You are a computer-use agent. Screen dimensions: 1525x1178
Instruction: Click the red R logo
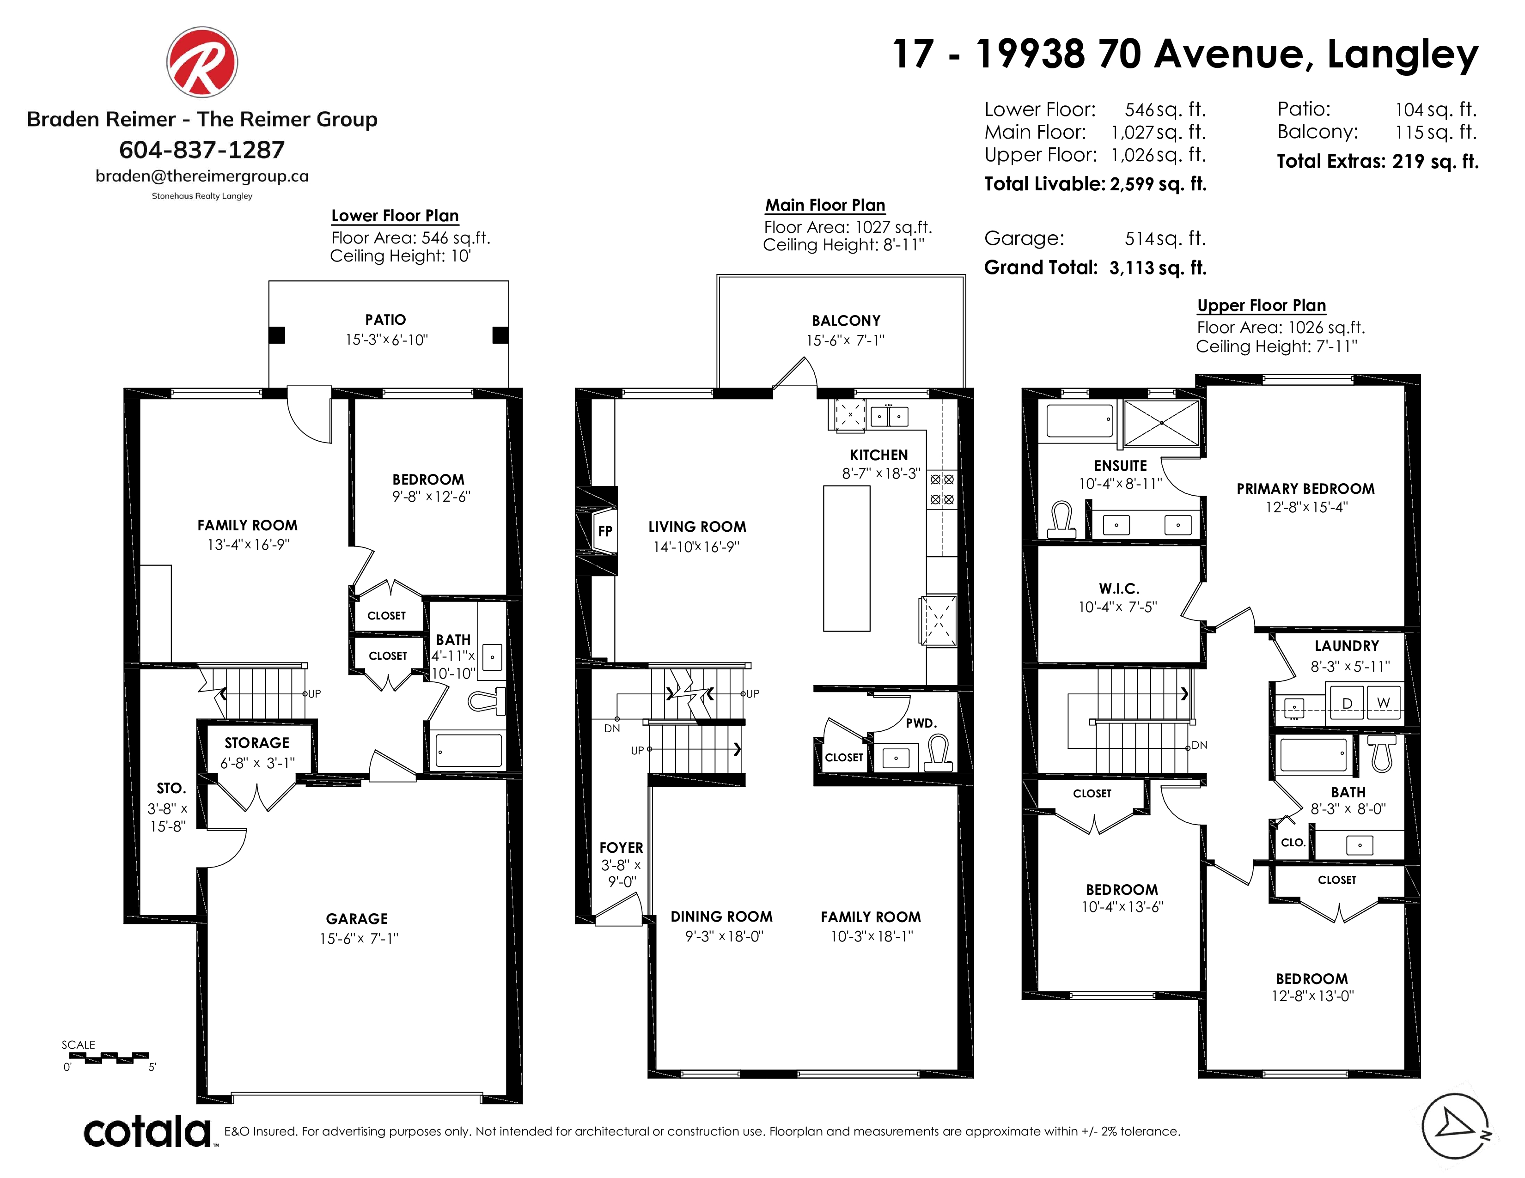coord(202,62)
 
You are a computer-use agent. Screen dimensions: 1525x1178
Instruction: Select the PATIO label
coord(385,320)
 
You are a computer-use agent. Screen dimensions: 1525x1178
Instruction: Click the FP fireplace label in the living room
coord(605,531)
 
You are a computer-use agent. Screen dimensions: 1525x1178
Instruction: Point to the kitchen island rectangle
coord(846,559)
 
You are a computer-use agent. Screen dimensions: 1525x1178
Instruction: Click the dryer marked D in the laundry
coord(1348,703)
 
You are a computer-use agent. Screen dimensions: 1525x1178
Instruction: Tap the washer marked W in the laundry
coord(1383,703)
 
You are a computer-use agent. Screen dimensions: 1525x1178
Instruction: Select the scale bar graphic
coord(109,1057)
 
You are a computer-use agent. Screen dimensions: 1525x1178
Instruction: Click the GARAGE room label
coord(357,918)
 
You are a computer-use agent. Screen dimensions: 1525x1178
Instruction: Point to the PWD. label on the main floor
coord(921,723)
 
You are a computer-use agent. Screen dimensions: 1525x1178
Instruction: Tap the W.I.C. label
coord(1119,588)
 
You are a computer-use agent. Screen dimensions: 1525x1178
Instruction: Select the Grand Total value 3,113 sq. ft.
coord(1158,268)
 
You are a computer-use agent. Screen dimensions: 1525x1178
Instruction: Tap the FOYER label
coord(621,847)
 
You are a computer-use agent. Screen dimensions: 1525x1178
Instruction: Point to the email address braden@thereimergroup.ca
coord(202,176)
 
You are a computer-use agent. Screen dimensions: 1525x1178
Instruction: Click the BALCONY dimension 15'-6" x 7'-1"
coord(846,340)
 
